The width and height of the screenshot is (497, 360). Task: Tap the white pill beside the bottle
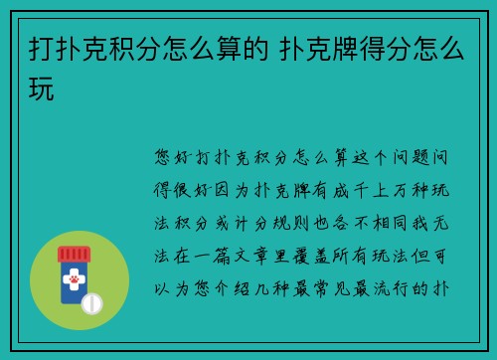(91, 302)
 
